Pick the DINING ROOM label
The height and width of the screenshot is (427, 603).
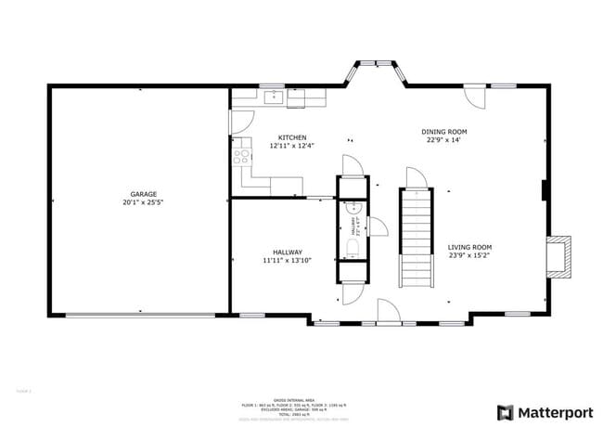pos(444,132)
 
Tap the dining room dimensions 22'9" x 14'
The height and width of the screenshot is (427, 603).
pos(444,140)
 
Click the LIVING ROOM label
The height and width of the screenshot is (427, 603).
pos(469,247)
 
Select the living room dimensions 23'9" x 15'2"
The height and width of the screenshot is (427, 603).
pos(469,255)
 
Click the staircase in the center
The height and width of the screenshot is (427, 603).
pos(416,237)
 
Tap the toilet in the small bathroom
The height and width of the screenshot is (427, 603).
pos(351,247)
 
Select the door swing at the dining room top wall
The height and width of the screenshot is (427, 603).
pos(475,97)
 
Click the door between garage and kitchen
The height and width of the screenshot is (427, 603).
pos(240,122)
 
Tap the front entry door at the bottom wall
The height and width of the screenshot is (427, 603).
pos(388,311)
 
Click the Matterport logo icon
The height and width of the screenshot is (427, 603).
pos(507,411)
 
